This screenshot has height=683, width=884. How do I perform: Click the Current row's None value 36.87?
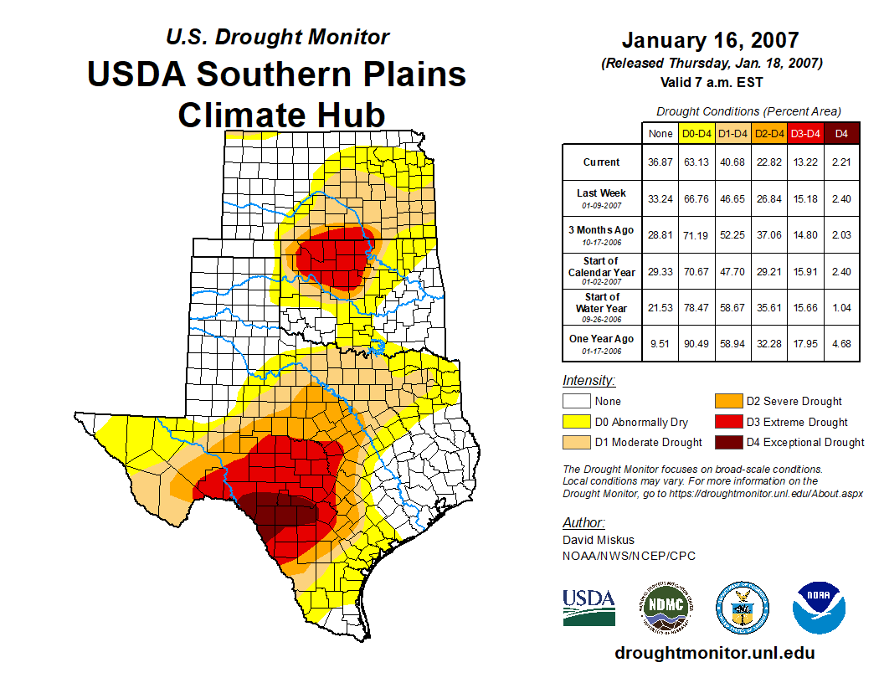pyautogui.click(x=660, y=162)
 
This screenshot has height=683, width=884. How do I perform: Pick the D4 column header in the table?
pyautogui.click(x=841, y=133)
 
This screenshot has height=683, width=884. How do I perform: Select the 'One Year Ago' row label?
pyautogui.click(x=601, y=343)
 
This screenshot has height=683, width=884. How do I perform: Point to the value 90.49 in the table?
pyautogui.click(x=696, y=343)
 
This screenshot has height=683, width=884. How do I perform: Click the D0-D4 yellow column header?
pyautogui.click(x=696, y=133)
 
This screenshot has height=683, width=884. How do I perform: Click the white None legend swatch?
pyautogui.click(x=575, y=402)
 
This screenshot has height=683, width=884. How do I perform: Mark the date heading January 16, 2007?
pyautogui.click(x=711, y=40)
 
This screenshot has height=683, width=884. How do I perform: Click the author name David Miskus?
pyautogui.click(x=599, y=540)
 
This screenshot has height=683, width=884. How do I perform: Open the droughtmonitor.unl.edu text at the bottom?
pyautogui.click(x=714, y=653)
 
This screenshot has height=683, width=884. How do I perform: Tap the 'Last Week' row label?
pyautogui.click(x=601, y=198)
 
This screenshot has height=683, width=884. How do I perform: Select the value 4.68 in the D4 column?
pyautogui.click(x=841, y=343)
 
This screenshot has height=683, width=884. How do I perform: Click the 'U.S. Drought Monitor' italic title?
pyautogui.click(x=277, y=38)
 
